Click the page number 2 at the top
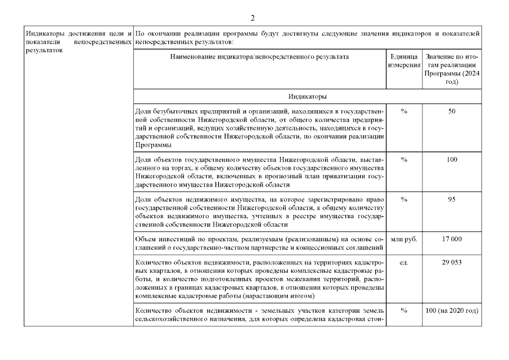pyautogui.click(x=253, y=19)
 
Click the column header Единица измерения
pyautogui.click(x=404, y=61)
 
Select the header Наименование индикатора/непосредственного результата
pyautogui.click(x=259, y=57)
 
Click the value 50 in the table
pyautogui.click(x=452, y=111)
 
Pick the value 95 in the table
pyautogui.click(x=452, y=200)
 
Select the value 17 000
pyautogui.click(x=452, y=240)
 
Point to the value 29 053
pyautogui.click(x=452, y=263)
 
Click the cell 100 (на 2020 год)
pyautogui.click(x=452, y=311)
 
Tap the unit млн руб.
pyautogui.click(x=404, y=240)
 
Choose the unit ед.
pyautogui.click(x=404, y=263)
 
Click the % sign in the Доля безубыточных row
pyautogui.click(x=404, y=111)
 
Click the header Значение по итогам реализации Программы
pyautogui.click(x=451, y=69)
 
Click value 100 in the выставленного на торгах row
pyautogui.click(x=452, y=160)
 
